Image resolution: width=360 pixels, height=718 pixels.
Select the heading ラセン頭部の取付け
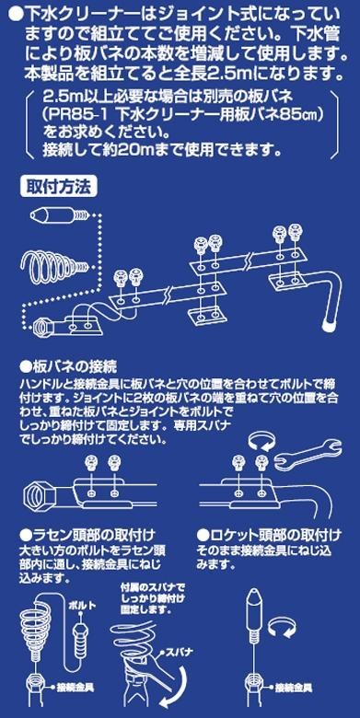click(87, 535)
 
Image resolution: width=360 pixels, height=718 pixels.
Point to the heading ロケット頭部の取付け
click(269, 535)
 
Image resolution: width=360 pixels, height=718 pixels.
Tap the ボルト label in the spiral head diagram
click(83, 606)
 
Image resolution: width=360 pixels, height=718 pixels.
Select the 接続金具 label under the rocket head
click(294, 688)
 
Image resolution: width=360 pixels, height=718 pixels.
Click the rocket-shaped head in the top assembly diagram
click(60, 214)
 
